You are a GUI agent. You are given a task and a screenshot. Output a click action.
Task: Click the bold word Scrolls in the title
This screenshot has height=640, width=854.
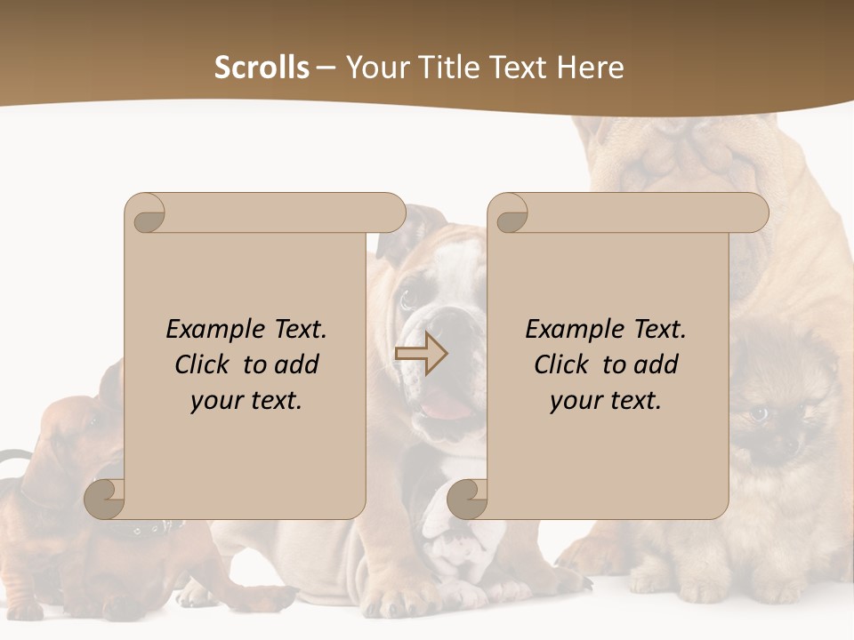[x=262, y=68]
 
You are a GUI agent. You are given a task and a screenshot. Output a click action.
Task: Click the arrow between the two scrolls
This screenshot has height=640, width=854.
[x=421, y=354]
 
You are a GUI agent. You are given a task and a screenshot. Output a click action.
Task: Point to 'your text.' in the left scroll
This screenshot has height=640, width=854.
[x=246, y=401]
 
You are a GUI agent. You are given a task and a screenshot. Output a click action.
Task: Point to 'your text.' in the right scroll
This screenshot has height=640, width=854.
[x=605, y=401]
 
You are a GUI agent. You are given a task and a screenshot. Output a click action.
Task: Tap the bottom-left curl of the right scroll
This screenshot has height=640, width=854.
[x=468, y=498]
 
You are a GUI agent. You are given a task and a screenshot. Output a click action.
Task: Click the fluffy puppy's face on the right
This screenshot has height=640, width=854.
[x=772, y=418]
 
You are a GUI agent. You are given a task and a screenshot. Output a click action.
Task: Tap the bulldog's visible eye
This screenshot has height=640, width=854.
[x=408, y=299]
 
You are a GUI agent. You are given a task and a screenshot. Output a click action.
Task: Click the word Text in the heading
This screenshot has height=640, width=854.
[x=520, y=68]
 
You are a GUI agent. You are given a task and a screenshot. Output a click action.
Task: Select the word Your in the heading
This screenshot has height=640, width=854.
[x=375, y=68]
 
